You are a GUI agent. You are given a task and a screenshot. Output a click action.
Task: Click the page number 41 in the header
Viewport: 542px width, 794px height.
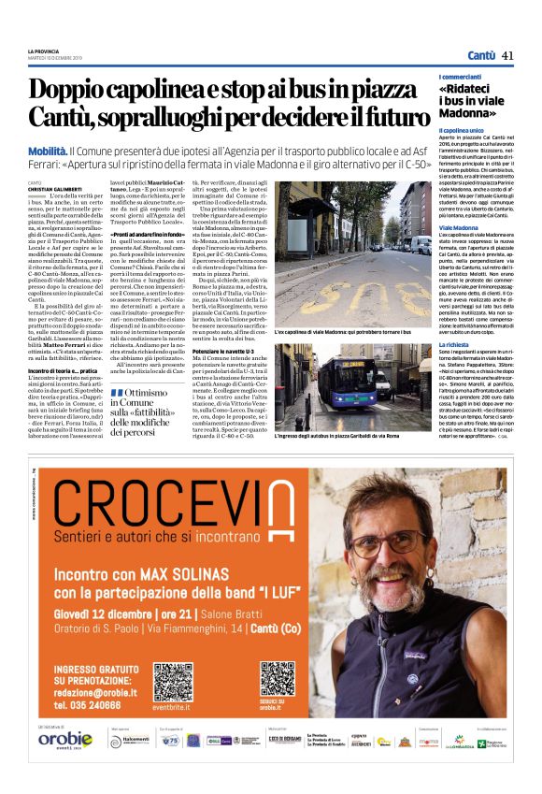[x=508, y=55]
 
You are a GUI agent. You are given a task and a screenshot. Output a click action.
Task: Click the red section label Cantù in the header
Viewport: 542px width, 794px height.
[x=481, y=55]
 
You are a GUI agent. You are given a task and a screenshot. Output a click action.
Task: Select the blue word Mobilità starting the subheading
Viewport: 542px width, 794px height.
[x=48, y=151]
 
